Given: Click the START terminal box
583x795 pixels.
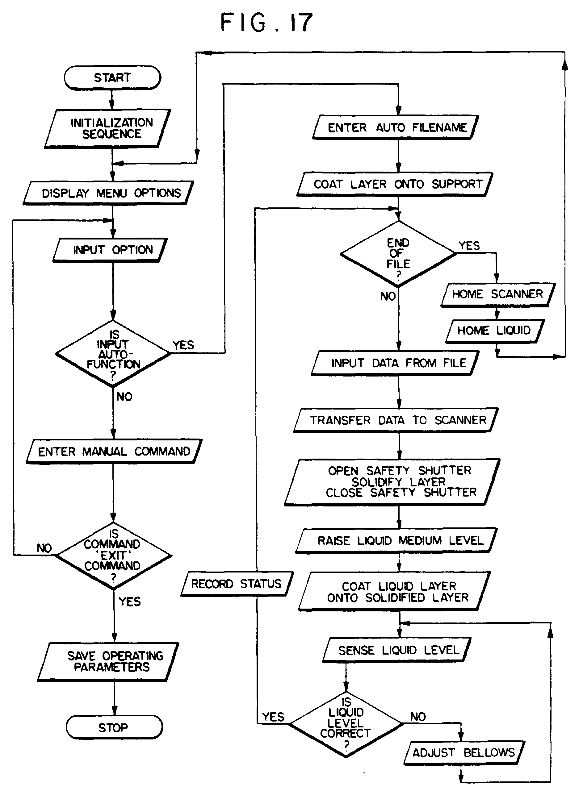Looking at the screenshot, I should click(x=112, y=77).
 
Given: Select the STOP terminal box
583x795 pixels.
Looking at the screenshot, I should click(x=114, y=727).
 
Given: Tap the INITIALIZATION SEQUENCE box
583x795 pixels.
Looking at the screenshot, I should click(x=108, y=128).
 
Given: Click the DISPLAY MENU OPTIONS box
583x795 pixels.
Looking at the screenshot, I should click(x=109, y=193).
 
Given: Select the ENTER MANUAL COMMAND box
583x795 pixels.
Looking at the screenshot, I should click(x=114, y=452).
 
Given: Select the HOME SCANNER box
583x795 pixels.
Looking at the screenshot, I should click(x=497, y=294).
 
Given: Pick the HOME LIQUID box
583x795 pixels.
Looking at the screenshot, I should click(x=495, y=331).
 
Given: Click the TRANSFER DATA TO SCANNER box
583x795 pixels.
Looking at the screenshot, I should click(x=396, y=420).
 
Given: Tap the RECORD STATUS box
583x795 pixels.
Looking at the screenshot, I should click(x=237, y=584).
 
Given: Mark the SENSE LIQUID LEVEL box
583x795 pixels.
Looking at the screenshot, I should click(x=397, y=650).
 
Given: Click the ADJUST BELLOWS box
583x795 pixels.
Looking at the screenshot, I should click(x=464, y=753).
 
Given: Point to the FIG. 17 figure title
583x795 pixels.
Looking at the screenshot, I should click(x=266, y=23).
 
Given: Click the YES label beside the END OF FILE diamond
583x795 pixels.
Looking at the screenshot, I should click(x=469, y=246).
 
